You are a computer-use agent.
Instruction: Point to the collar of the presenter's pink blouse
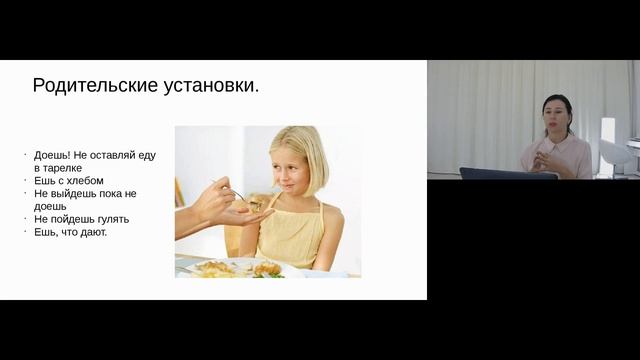[x=556, y=143]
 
